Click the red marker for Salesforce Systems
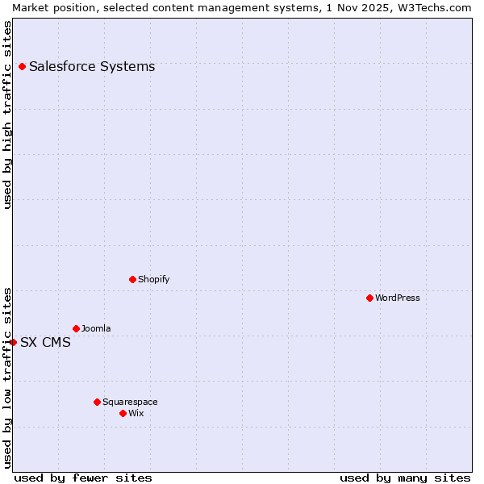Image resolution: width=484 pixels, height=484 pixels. point(22,66)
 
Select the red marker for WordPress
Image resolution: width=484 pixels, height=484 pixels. point(369,298)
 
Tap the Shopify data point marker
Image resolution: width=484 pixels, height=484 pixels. point(132,279)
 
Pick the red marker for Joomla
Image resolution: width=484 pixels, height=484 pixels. point(76,328)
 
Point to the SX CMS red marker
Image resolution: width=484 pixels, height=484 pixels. point(13,342)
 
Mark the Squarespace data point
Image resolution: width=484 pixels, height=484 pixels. point(97,402)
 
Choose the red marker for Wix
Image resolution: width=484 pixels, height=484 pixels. point(123,413)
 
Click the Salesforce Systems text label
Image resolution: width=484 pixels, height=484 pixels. point(92,66)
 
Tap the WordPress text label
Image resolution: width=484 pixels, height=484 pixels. point(398,298)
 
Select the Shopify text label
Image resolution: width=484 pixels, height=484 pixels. point(153,279)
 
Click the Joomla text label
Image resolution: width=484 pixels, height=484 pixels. point(96,328)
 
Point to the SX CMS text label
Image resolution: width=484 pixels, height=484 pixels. point(45,342)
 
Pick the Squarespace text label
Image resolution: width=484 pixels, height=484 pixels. point(130,402)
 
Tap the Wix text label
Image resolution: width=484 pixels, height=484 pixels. point(136,413)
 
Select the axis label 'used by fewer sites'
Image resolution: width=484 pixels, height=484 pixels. point(83,478)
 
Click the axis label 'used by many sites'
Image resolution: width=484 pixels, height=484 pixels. point(405,478)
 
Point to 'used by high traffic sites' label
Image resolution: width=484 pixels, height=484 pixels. point(7,115)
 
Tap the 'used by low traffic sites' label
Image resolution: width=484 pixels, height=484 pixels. point(7,377)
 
